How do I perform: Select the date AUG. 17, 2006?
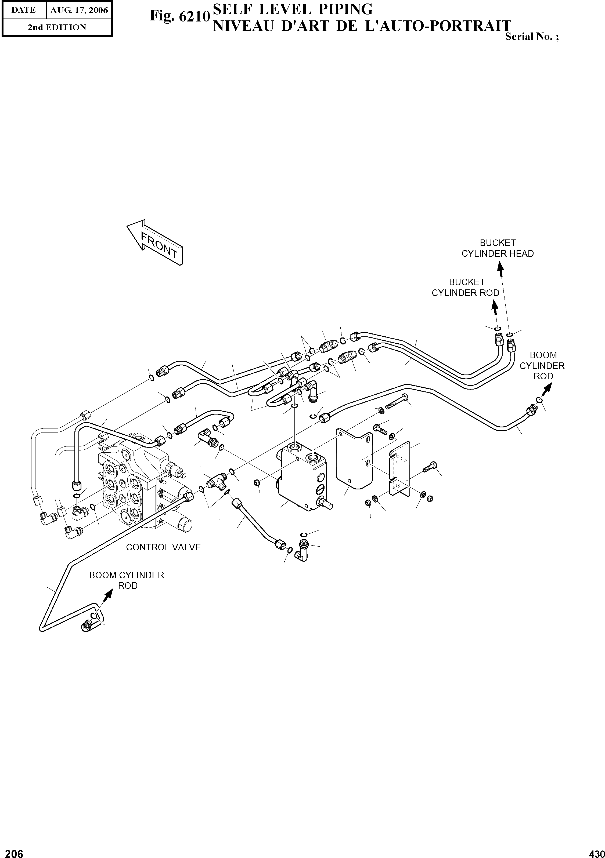tap(79, 10)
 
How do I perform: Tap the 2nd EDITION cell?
tap(57, 27)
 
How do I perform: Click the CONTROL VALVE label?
tap(163, 547)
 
